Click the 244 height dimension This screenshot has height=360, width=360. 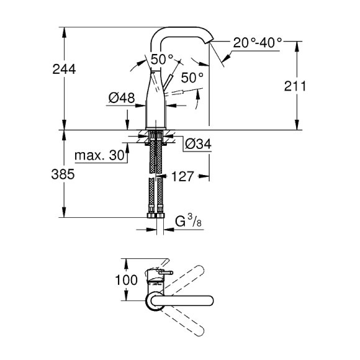click(64, 70)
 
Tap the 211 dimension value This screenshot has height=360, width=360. click(295, 86)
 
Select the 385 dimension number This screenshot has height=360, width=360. click(64, 175)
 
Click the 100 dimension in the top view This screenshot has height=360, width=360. click(126, 280)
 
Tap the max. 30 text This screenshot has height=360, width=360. click(99, 155)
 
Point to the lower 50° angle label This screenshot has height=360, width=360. click(192, 78)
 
